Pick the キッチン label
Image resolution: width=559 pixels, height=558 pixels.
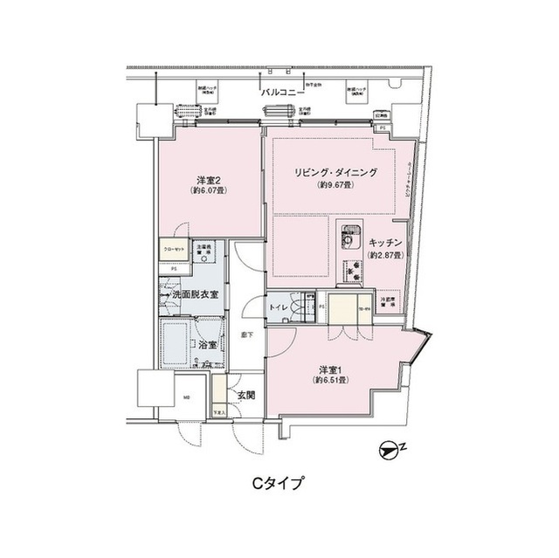coord(384,242)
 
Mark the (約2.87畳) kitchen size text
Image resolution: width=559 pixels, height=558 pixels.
coord(384,255)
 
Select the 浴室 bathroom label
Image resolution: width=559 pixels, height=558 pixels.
coord(207,346)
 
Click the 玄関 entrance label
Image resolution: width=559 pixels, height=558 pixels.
coord(245,395)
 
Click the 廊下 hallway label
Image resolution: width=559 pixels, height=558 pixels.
coord(246,334)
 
